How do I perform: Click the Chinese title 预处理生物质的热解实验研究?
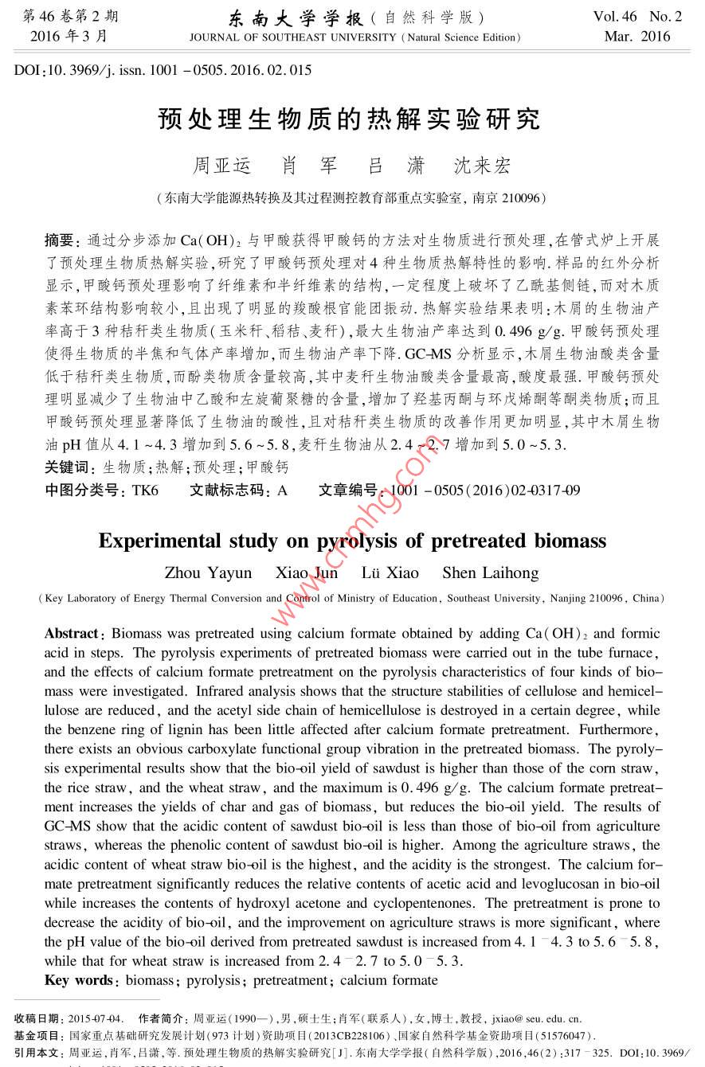click(349, 119)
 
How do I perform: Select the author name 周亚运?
click(222, 166)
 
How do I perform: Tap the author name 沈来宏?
click(482, 166)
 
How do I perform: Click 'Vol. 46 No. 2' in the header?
click(637, 16)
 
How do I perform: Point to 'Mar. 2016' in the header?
click(637, 37)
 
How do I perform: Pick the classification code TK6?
click(145, 491)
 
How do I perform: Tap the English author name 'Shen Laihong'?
click(490, 573)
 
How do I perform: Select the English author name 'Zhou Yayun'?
click(208, 573)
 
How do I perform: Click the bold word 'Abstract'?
click(72, 634)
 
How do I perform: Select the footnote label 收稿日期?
click(36, 1018)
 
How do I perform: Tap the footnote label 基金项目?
click(36, 1035)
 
